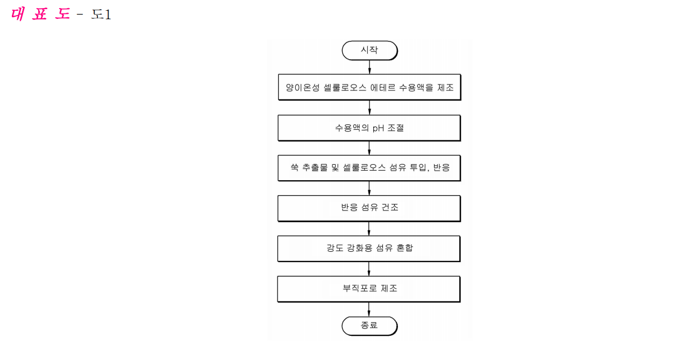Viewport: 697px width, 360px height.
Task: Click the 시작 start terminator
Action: (369, 51)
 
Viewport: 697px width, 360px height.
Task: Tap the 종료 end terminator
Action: (369, 326)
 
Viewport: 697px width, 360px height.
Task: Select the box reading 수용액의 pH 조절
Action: (369, 128)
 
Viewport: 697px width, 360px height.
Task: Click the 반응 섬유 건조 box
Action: (369, 208)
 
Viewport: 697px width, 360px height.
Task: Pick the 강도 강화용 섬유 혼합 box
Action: (369, 249)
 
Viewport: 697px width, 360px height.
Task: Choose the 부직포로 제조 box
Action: (369, 289)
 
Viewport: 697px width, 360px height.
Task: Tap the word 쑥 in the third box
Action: (295, 167)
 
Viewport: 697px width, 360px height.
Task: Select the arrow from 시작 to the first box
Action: (369, 67)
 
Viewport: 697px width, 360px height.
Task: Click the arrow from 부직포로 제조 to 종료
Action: (369, 309)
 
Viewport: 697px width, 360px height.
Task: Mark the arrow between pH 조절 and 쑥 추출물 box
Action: (369, 148)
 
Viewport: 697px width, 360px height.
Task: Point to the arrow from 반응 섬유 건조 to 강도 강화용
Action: (369, 229)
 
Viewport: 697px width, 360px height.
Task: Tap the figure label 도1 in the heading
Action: (101, 15)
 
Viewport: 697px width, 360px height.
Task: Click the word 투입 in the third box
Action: (418, 167)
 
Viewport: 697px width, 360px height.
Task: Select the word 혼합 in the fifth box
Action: (404, 248)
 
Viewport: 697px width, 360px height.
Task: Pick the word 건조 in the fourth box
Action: (390, 207)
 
